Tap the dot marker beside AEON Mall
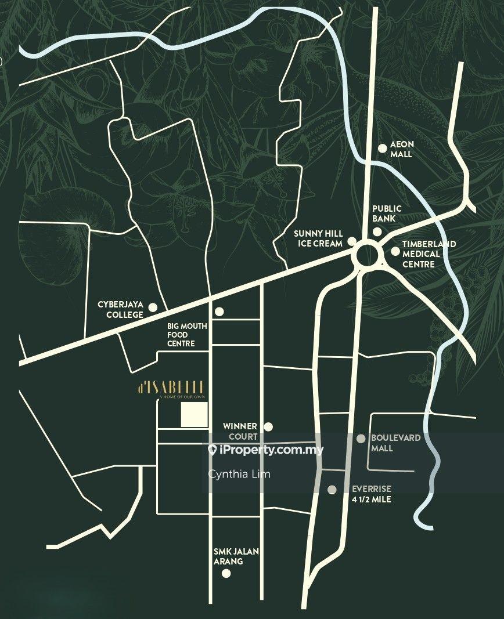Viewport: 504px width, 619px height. (x=382, y=148)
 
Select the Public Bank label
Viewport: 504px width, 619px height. (x=387, y=213)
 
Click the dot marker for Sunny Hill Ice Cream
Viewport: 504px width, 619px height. (x=352, y=242)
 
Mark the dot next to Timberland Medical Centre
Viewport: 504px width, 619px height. (x=395, y=251)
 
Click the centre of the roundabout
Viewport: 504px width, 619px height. (x=368, y=256)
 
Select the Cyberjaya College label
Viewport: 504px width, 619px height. (x=120, y=310)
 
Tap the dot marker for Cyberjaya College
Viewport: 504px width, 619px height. (x=153, y=307)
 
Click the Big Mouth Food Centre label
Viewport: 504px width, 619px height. (x=186, y=335)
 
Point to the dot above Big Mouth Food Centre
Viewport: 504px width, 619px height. (x=219, y=312)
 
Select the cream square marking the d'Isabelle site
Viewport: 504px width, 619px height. (x=194, y=415)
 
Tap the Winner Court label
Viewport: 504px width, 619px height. (x=240, y=431)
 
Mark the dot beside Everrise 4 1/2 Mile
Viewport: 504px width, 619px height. (x=332, y=490)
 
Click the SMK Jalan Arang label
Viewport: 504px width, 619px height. (x=227, y=556)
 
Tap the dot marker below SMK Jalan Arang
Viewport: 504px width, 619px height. (x=226, y=574)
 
